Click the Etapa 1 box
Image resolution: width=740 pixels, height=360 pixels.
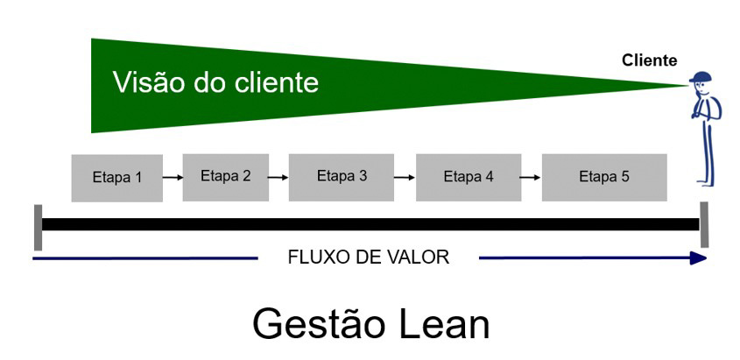[117, 178]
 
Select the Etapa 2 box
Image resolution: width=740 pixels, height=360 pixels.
[226, 177]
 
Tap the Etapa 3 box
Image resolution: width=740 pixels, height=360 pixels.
[342, 178]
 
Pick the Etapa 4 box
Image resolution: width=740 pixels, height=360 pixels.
[469, 178]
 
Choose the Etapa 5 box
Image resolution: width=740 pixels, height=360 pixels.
[604, 178]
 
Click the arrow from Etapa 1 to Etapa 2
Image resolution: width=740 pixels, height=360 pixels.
[173, 178]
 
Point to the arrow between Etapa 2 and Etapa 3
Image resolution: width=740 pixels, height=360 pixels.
[278, 178]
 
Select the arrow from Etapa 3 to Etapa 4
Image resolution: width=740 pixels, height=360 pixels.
[405, 178]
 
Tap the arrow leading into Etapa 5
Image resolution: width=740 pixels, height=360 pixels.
[532, 178]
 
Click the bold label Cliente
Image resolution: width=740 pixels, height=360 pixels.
[650, 60]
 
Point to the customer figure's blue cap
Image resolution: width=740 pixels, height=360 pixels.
[701, 77]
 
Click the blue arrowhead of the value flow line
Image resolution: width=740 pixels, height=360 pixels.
[699, 258]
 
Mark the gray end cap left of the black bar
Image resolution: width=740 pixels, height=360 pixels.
[38, 228]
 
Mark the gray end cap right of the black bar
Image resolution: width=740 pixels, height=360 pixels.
[704, 224]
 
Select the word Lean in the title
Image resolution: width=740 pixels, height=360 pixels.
[442, 324]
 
